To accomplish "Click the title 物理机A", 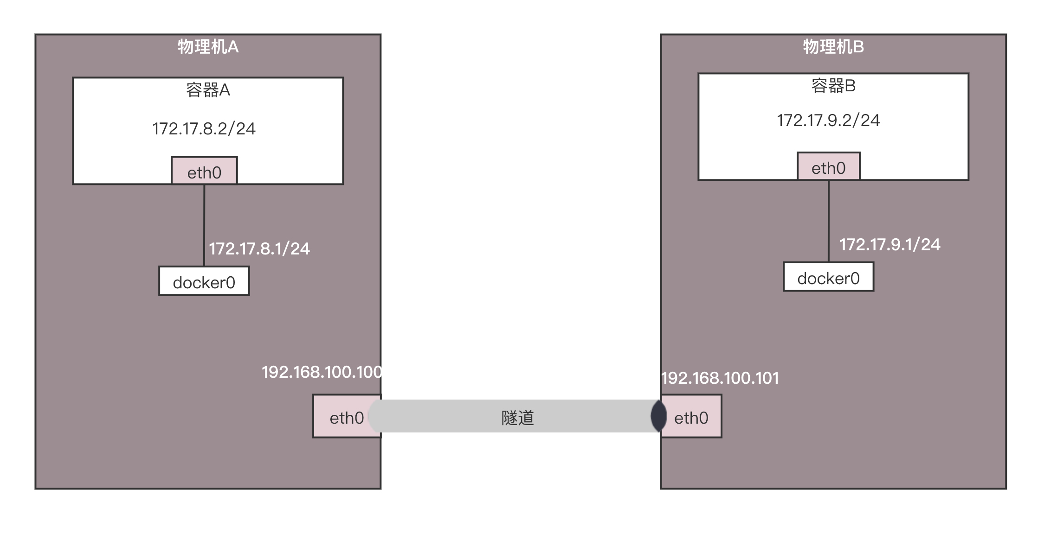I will pos(208,47).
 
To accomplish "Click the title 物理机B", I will pos(833,47).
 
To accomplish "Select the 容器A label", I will pos(208,90).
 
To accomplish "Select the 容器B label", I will pos(833,86).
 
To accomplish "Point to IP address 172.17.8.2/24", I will pos(204,128).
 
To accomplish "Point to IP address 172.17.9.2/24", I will pos(828,121).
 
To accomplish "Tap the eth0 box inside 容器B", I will pos(828,167).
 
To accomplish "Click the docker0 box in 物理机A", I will pos(204,281).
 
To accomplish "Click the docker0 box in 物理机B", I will pos(828,277).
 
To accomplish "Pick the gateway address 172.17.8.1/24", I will pos(259,249).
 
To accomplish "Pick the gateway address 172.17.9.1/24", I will pos(889,245).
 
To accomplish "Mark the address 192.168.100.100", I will pos(321,372).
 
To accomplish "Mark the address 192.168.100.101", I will pos(720,378).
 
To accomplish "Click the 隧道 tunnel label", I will pos(517,418).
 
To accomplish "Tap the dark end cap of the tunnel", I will pos(658,416).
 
